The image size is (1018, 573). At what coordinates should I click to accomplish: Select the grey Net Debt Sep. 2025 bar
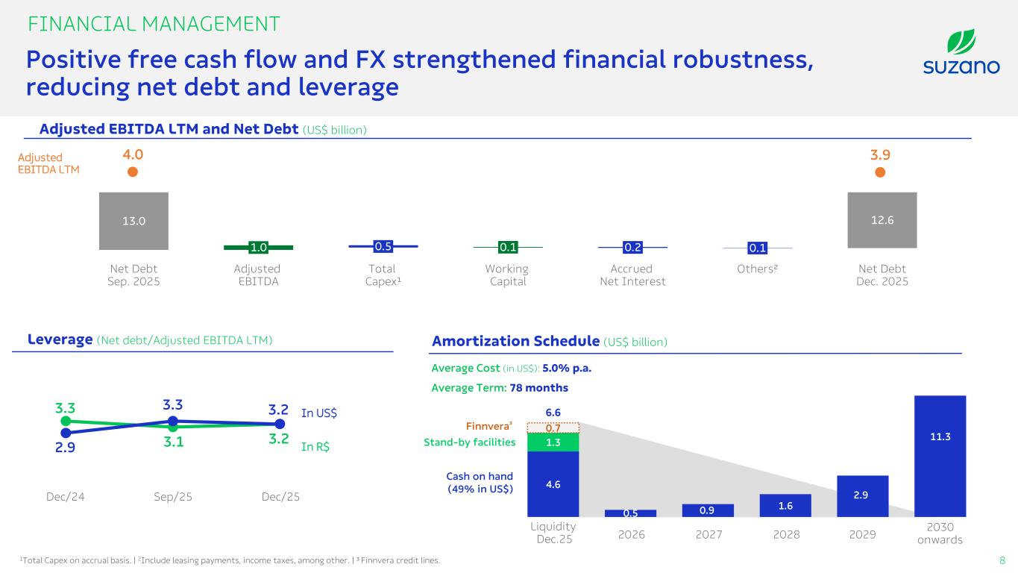pyautogui.click(x=133, y=221)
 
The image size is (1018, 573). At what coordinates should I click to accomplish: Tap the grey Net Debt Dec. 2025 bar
pyautogui.click(x=882, y=220)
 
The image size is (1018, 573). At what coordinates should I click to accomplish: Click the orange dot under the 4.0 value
pyautogui.click(x=133, y=172)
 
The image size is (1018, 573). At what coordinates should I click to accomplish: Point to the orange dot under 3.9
pyautogui.click(x=880, y=172)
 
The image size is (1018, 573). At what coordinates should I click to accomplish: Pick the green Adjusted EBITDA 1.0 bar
pyautogui.click(x=258, y=247)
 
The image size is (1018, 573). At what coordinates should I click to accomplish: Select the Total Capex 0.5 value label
pyautogui.click(x=383, y=245)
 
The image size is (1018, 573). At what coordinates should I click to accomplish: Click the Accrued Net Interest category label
pyautogui.click(x=632, y=275)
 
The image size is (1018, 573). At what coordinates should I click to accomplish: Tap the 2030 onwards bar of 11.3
pyautogui.click(x=940, y=455)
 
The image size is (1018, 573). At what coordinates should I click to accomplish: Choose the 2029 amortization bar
pyautogui.click(x=862, y=495)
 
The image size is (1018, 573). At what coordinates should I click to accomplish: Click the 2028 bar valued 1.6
pyautogui.click(x=785, y=505)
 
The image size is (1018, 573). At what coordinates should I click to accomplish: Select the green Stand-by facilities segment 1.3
pyautogui.click(x=553, y=442)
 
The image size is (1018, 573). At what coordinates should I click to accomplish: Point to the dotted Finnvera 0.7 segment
pyautogui.click(x=553, y=428)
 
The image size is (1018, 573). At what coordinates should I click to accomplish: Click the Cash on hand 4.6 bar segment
pyautogui.click(x=553, y=483)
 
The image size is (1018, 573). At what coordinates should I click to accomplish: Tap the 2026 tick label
pyautogui.click(x=630, y=535)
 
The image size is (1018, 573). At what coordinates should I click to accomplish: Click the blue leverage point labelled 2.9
pyautogui.click(x=66, y=432)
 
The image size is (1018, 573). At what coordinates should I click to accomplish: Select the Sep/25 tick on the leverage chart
pyautogui.click(x=172, y=496)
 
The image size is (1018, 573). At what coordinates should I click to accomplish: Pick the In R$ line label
pyautogui.click(x=315, y=448)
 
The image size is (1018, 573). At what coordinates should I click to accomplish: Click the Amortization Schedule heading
pyautogui.click(x=515, y=341)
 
